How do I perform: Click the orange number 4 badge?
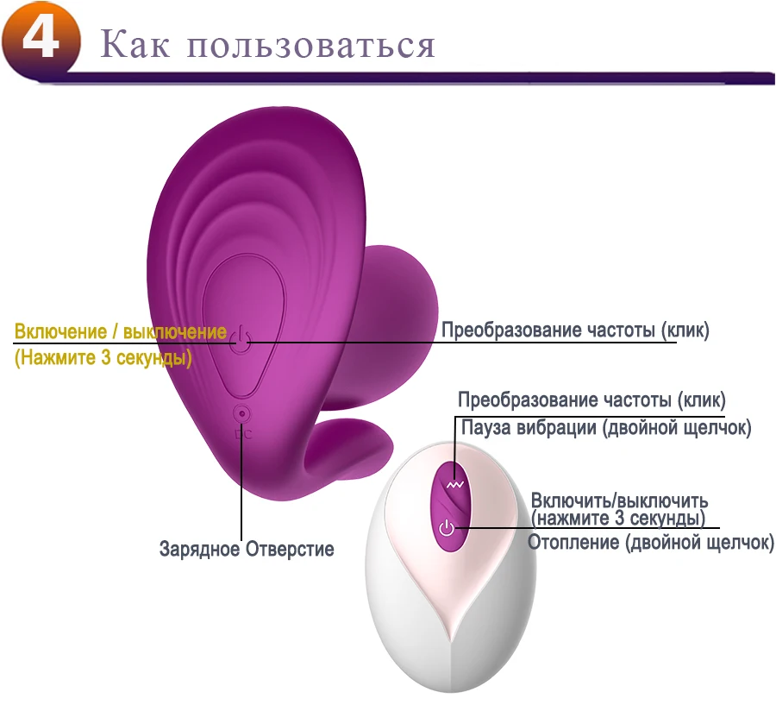(40, 40)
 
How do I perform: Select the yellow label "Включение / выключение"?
(121, 332)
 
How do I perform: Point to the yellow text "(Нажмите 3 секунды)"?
(103, 357)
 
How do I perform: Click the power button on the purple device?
(242, 343)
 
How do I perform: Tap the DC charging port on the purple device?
(242, 415)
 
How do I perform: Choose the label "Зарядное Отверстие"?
(247, 549)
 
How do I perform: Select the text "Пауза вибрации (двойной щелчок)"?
(606, 427)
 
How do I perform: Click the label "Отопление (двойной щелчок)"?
(651, 543)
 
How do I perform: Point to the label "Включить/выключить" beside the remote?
(619, 500)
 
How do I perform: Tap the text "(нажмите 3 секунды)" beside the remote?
(617, 519)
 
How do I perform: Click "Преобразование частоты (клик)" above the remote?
(591, 400)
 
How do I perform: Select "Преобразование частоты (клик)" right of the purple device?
(575, 330)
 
